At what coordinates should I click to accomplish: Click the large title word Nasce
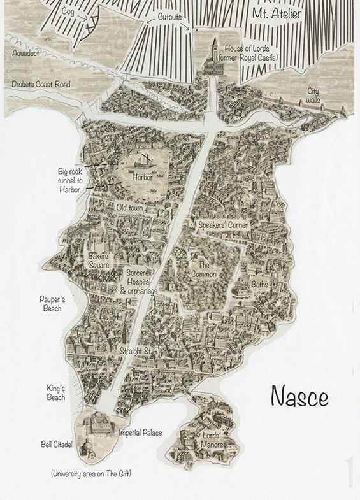coord(299,396)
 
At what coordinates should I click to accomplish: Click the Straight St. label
coord(134,351)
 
